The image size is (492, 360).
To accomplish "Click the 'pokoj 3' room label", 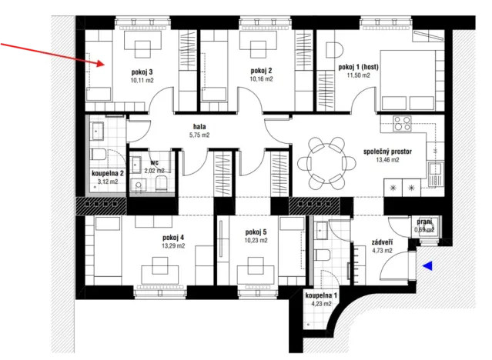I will click(142, 70).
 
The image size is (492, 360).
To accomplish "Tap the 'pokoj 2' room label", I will click(262, 70).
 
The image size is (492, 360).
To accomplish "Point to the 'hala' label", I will click(199, 126).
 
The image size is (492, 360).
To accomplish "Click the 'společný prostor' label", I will click(393, 152).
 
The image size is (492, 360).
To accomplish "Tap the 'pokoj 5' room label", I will click(256, 232).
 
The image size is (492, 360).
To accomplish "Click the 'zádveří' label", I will click(382, 241).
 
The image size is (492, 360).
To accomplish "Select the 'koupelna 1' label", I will click(320, 295).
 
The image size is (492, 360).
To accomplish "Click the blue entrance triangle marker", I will click(428, 265).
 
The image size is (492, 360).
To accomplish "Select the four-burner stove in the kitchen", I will click(401, 123).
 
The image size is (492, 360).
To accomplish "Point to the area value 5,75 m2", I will click(199, 135).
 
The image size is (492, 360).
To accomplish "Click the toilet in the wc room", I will click(162, 182).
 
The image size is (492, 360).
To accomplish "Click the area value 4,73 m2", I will click(382, 250).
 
